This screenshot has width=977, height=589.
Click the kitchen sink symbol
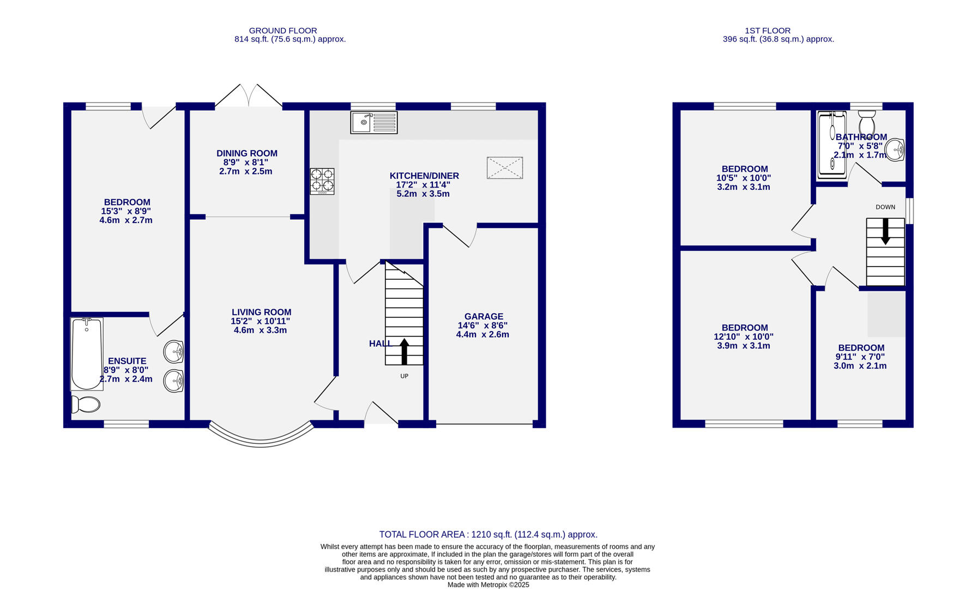coord(374,123)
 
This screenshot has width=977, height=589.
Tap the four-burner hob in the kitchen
coord(322,181)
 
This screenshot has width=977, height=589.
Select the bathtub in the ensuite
coord(87,354)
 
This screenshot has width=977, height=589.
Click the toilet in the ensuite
coord(86,405)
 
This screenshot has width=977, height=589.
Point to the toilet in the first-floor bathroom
coord(866,121)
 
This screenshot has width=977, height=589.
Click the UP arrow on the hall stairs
coord(404,351)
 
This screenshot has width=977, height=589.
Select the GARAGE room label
coord(484,316)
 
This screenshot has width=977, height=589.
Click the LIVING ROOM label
coord(261,312)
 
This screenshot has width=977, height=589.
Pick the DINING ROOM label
coord(247,154)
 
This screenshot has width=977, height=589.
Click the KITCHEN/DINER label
coord(424,176)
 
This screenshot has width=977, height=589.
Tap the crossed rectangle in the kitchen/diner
coord(505,168)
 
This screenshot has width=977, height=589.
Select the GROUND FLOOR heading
coord(282,31)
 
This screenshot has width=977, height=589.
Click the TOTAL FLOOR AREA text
coord(488,534)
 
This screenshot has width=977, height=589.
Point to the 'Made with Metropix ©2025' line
coord(488,585)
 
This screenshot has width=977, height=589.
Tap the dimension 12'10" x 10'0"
coord(743,337)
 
